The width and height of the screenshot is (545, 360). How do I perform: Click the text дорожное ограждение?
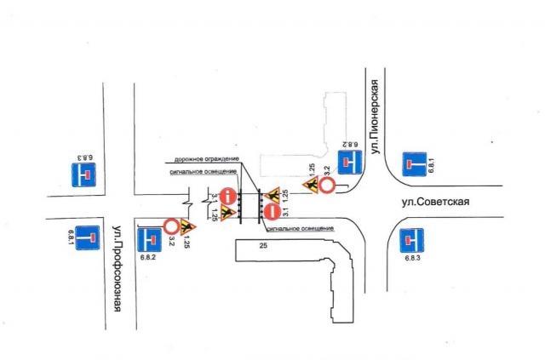click(206, 159)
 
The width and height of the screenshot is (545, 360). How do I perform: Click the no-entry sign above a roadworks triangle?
click(227, 196)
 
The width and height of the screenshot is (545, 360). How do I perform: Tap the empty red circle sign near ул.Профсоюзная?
click(170, 226)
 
